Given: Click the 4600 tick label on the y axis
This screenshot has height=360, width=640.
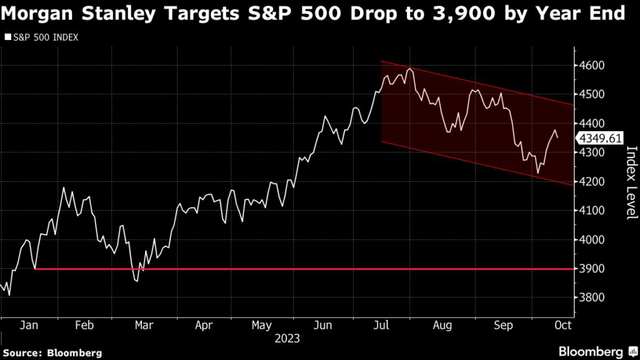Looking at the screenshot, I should (x=591, y=66).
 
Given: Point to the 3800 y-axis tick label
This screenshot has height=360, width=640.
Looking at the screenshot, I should (x=591, y=298).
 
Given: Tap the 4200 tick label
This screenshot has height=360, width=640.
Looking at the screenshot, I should (x=591, y=182).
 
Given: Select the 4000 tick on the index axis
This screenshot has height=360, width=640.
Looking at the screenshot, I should (x=591, y=240).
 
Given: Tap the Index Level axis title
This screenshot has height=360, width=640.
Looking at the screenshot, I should (x=631, y=182).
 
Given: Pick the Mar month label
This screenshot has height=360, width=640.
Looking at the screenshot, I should (x=144, y=325).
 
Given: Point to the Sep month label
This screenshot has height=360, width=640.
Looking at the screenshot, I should (x=503, y=325).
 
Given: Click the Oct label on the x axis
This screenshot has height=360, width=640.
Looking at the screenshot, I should (x=562, y=325).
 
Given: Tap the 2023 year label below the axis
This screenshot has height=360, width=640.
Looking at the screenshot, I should (x=287, y=339).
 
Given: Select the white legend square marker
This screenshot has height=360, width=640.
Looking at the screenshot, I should (x=7, y=37).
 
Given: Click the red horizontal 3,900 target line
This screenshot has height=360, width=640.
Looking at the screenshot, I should (x=312, y=269).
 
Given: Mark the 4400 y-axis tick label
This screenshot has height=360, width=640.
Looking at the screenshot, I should (x=591, y=124).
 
